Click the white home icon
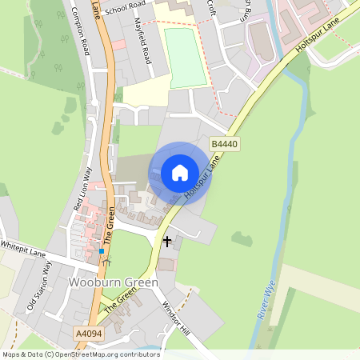click(x=180, y=172)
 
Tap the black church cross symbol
click(x=167, y=241)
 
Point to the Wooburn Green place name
click(x=113, y=283)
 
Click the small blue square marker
click(x=102, y=252)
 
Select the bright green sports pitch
click(x=186, y=58)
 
